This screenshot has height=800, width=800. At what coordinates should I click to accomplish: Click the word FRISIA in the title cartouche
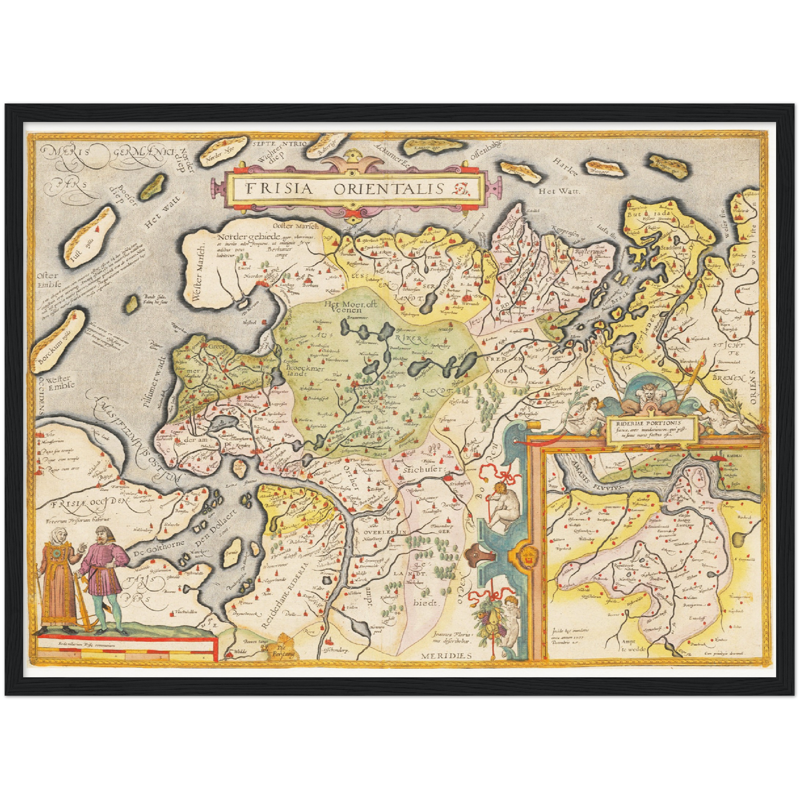point(278,188)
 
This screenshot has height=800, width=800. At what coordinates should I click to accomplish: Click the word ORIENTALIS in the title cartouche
point(388,188)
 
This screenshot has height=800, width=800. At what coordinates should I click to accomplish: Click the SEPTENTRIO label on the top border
point(279,144)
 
